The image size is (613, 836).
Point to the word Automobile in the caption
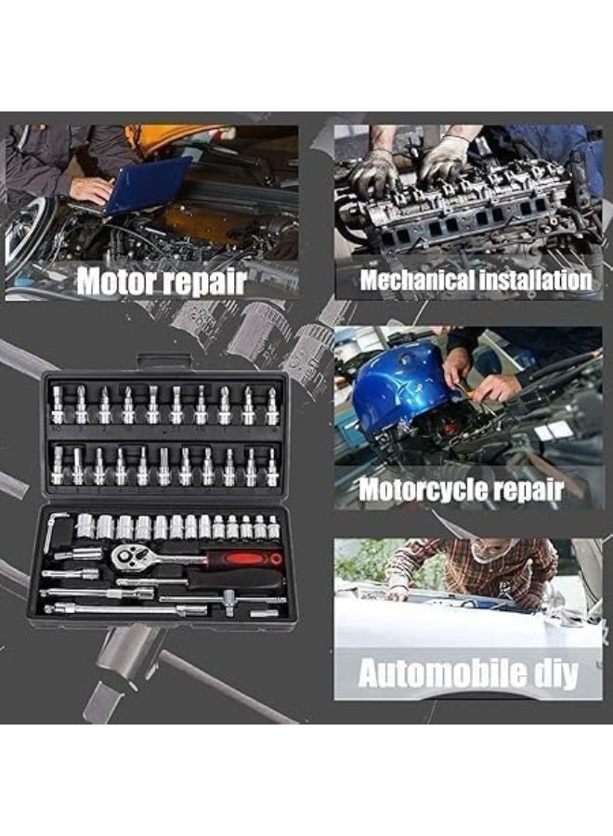click(x=431, y=673)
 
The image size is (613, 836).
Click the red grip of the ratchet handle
click(x=244, y=559)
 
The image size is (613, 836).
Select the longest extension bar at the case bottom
click(x=125, y=608)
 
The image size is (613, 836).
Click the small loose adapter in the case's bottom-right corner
click(x=265, y=614)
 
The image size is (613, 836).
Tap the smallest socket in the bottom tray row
click(x=273, y=527)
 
